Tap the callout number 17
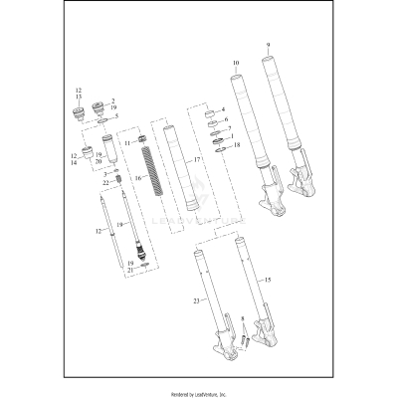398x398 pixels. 197,160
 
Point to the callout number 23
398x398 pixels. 197,299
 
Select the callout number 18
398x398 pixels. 236,145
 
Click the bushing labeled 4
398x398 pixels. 210,110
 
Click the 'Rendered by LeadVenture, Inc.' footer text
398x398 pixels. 199,392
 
